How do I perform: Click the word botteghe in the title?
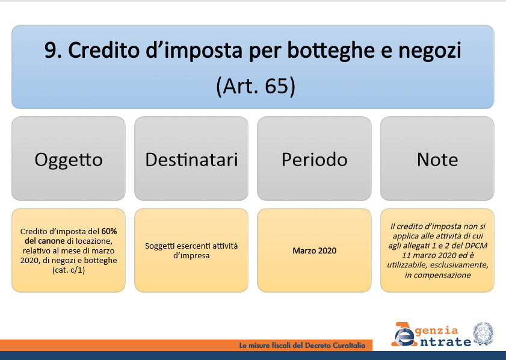tap(330, 51)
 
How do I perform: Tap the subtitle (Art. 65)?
tap(255, 86)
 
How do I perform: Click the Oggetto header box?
tap(69, 158)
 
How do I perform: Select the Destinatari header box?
tap(191, 158)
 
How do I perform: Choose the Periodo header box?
tap(314, 158)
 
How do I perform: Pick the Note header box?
tap(437, 158)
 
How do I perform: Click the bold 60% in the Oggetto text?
tap(109, 231)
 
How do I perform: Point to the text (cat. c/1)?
tap(69, 270)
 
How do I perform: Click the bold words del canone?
tap(45, 241)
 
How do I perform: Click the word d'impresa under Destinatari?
tap(191, 256)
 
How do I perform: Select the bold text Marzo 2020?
tap(314, 250)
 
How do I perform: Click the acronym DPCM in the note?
tap(477, 246)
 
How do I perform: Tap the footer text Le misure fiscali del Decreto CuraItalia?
tap(302, 346)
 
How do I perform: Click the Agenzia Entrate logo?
tap(431, 335)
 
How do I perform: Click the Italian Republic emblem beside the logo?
tap(483, 334)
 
